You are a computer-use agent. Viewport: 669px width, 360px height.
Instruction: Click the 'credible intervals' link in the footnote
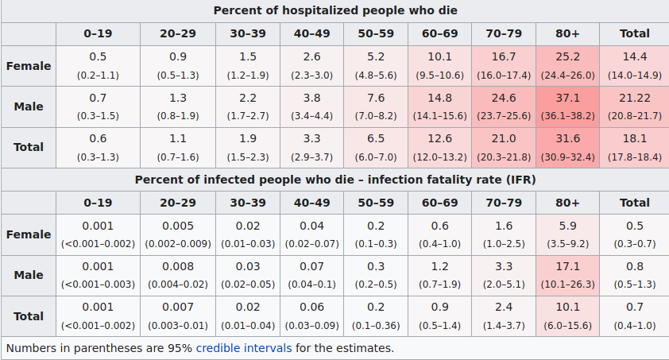coord(244,347)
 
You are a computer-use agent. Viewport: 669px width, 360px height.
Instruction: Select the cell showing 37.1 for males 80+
coord(567,99)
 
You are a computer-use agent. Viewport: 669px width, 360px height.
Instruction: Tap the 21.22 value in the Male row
coord(634,99)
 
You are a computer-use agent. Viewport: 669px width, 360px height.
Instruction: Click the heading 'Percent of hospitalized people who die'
coord(334,10)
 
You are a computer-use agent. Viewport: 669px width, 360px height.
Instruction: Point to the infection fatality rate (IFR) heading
coord(334,180)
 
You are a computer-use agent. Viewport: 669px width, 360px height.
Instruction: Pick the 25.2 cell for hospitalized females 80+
coord(567,57)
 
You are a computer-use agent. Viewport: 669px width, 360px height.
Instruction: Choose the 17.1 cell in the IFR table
coord(567,267)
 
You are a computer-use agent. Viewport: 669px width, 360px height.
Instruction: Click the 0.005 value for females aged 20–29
coord(178,226)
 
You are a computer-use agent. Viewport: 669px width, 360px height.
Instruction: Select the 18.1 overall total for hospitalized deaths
coord(634,139)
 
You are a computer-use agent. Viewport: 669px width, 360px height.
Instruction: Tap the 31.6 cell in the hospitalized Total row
coord(567,139)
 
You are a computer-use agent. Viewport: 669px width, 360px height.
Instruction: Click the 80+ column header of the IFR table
coord(567,203)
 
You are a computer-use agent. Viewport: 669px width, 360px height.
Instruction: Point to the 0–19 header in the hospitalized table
coord(98,33)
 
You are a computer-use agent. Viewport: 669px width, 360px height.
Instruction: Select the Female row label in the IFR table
coord(29,234)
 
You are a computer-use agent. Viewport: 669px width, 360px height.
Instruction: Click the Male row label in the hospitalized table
coord(29,106)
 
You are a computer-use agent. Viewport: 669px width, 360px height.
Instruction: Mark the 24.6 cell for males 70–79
coord(504,99)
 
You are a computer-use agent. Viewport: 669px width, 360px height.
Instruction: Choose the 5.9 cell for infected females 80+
coord(567,226)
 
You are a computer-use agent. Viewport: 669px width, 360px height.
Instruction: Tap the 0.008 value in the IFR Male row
coord(178,267)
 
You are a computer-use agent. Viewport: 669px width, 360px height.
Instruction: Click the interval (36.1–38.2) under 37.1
coord(567,116)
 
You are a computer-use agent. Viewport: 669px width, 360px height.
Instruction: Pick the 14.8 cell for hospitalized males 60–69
coord(439,99)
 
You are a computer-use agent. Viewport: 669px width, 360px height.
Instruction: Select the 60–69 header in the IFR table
coord(439,203)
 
